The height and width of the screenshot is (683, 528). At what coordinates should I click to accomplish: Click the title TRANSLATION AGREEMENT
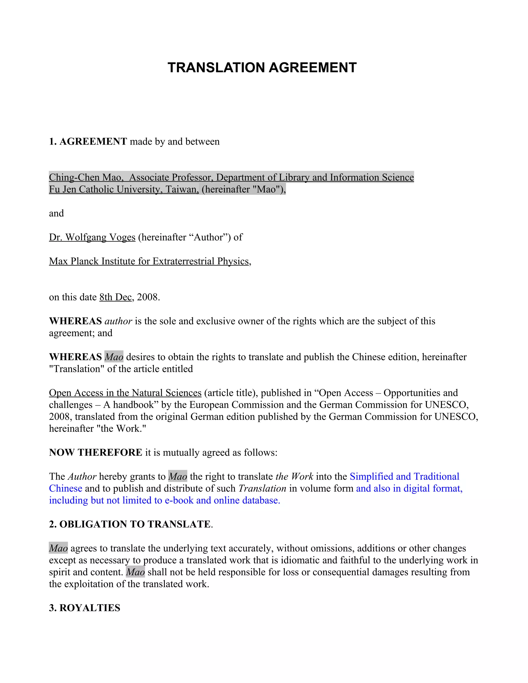(x=262, y=68)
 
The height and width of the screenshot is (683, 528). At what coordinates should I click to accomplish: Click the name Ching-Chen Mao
(x=85, y=177)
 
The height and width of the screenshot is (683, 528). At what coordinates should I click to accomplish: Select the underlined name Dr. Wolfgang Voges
(x=92, y=237)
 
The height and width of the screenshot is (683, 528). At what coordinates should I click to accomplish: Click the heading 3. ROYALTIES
(x=85, y=608)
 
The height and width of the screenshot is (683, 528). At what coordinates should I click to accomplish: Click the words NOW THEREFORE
(x=95, y=452)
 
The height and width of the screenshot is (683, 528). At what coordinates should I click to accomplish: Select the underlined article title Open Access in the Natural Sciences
(x=125, y=393)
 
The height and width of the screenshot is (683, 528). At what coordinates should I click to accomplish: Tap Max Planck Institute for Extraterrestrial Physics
(x=149, y=261)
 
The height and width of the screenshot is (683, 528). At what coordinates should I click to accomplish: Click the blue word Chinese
(x=65, y=488)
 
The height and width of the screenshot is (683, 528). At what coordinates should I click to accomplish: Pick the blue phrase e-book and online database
(x=222, y=500)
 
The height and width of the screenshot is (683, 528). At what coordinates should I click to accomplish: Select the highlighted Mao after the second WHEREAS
(x=114, y=357)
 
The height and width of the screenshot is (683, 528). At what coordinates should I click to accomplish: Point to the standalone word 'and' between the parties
(x=56, y=213)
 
